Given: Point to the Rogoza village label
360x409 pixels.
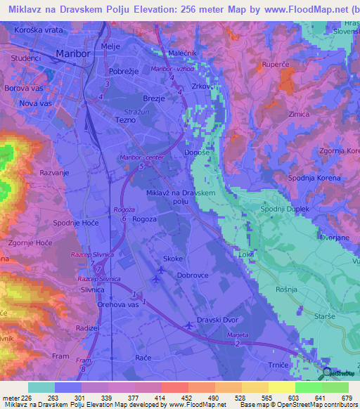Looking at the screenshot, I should point(144,219).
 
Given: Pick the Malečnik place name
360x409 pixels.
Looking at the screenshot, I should point(184,53).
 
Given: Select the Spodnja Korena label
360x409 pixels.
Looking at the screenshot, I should point(314,178).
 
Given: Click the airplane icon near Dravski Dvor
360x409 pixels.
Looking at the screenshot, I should point(188,325).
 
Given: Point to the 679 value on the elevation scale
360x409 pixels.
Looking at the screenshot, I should point(345,398).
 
